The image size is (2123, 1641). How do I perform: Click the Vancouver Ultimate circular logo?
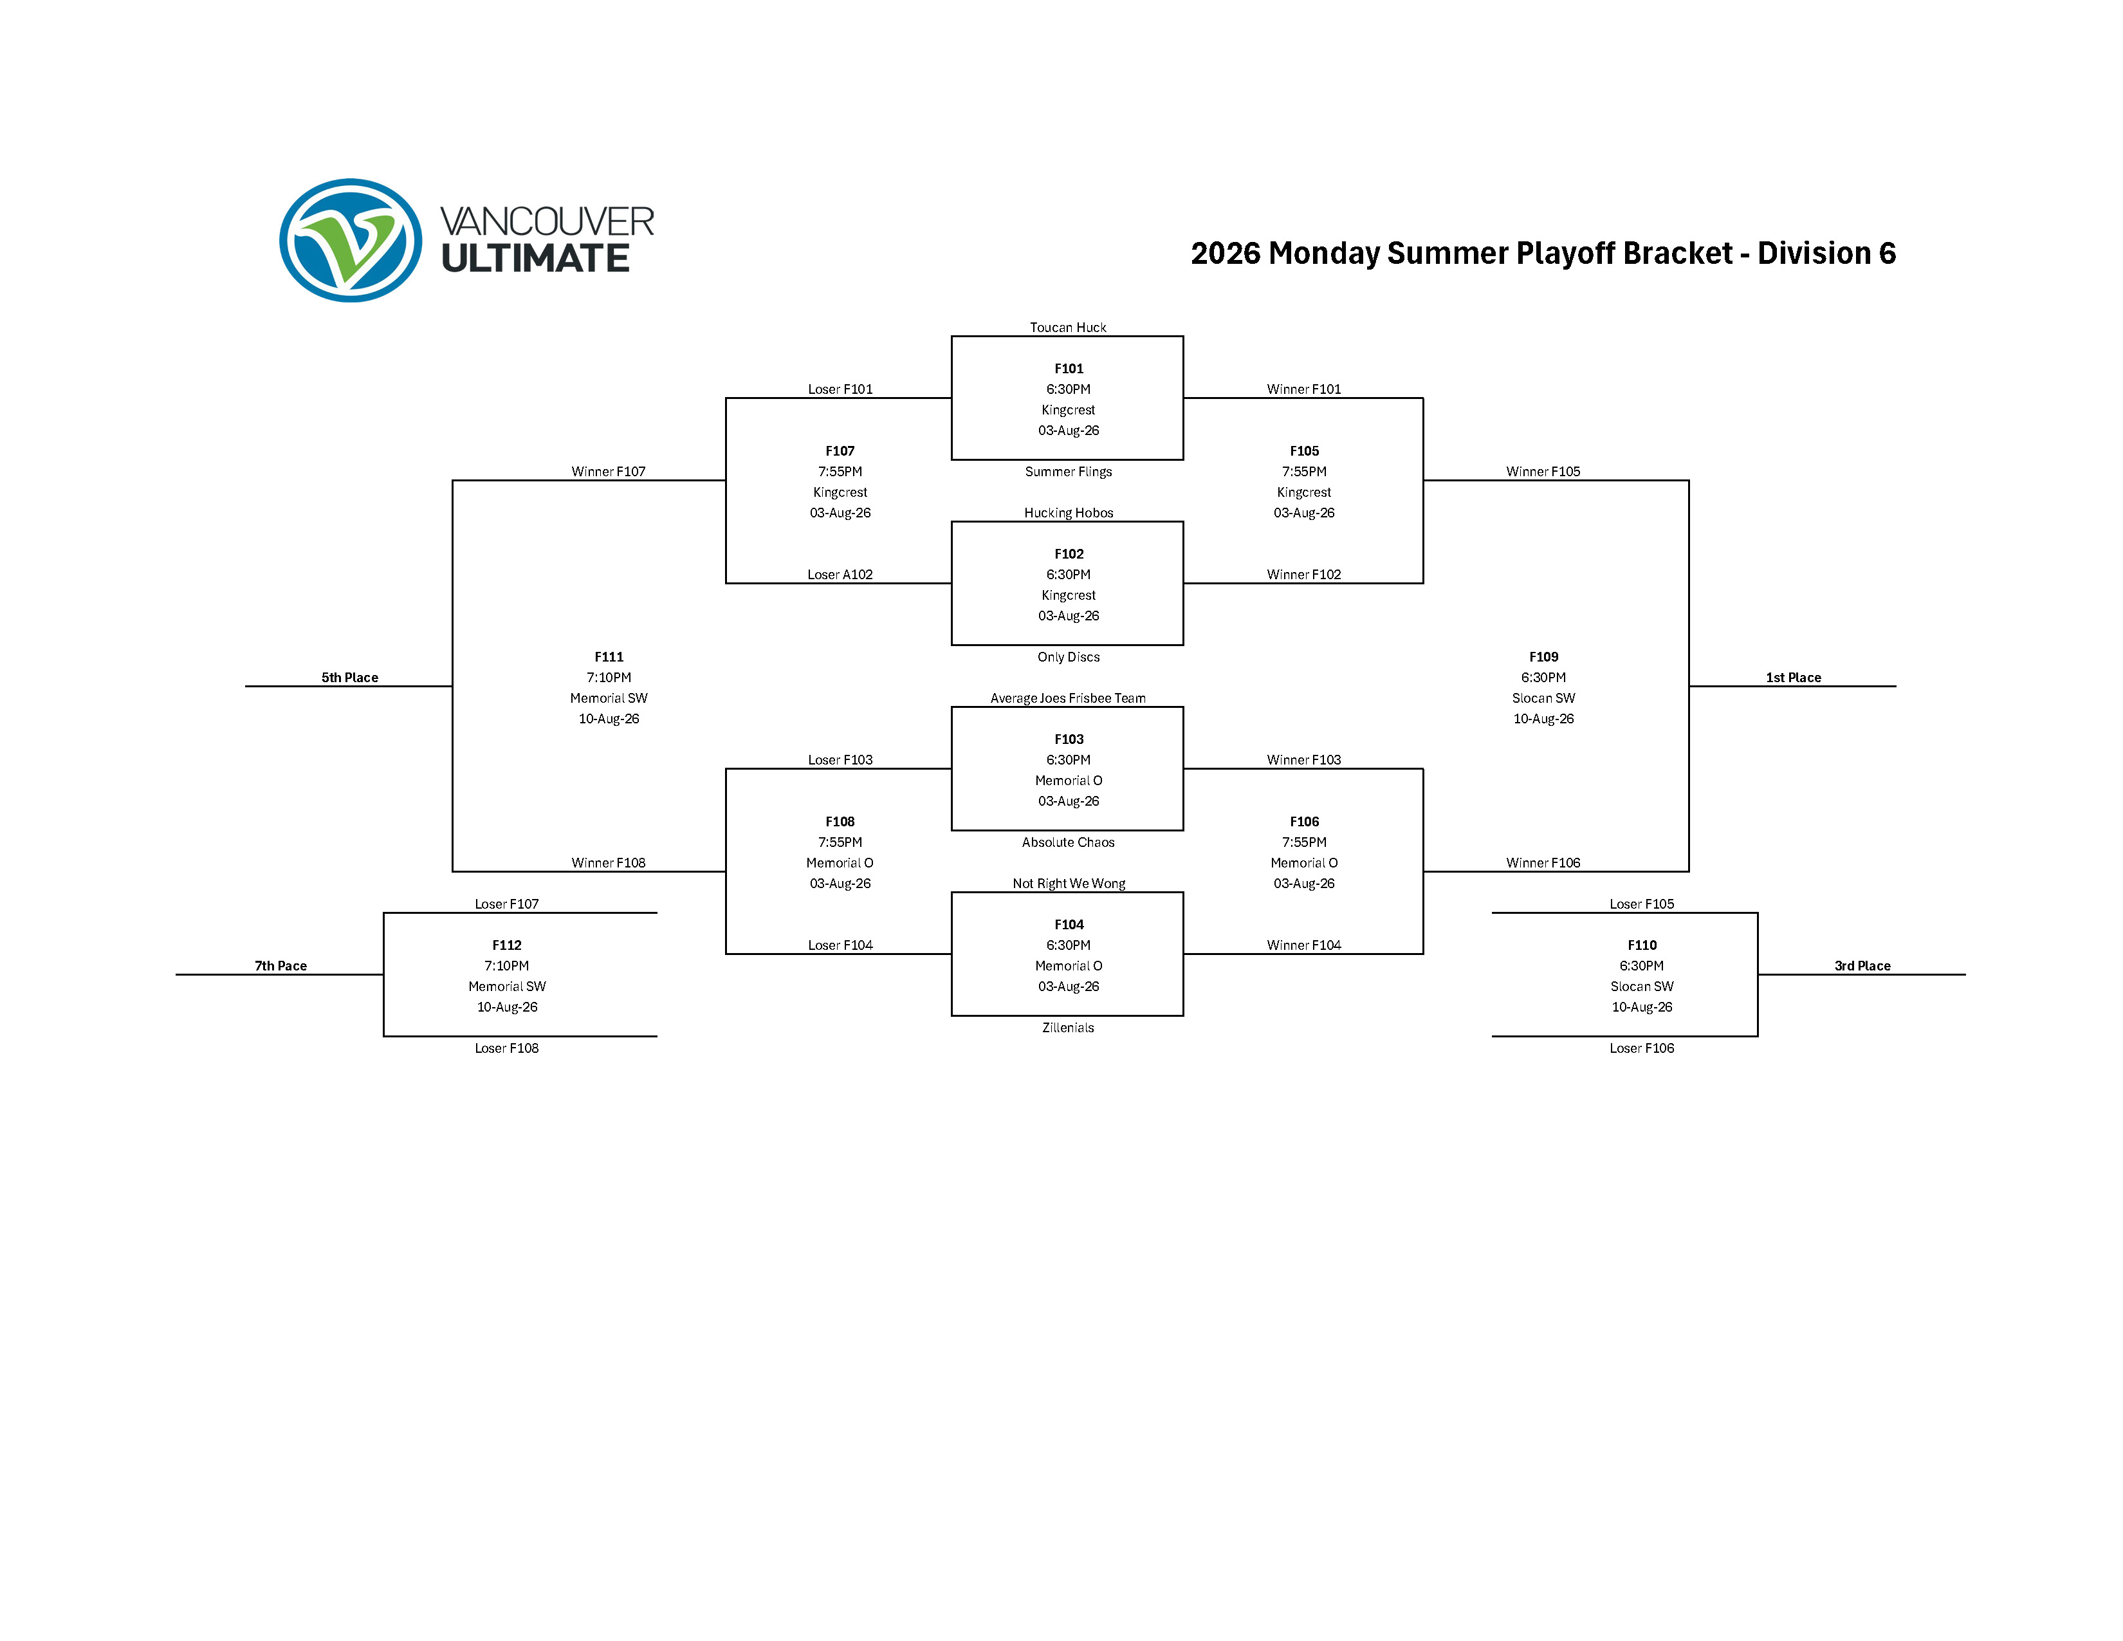tap(351, 240)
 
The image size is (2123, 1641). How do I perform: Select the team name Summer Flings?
tap(1069, 472)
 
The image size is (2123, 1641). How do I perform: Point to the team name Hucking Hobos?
tap(1069, 512)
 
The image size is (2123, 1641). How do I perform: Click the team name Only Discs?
tap(1069, 657)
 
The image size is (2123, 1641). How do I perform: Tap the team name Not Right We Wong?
tap(1069, 884)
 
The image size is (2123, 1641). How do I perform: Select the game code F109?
tap(1543, 657)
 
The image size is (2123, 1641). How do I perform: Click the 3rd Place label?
tap(1862, 965)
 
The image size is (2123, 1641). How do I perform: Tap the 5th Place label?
tap(350, 678)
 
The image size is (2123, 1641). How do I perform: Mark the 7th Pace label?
tap(281, 965)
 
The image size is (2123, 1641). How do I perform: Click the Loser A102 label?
tap(840, 575)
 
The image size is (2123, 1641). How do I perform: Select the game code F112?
tap(506, 945)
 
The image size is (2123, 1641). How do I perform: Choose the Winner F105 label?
tap(1543, 472)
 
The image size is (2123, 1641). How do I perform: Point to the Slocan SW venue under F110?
tap(1641, 987)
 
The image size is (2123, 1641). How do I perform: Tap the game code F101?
tap(1069, 369)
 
